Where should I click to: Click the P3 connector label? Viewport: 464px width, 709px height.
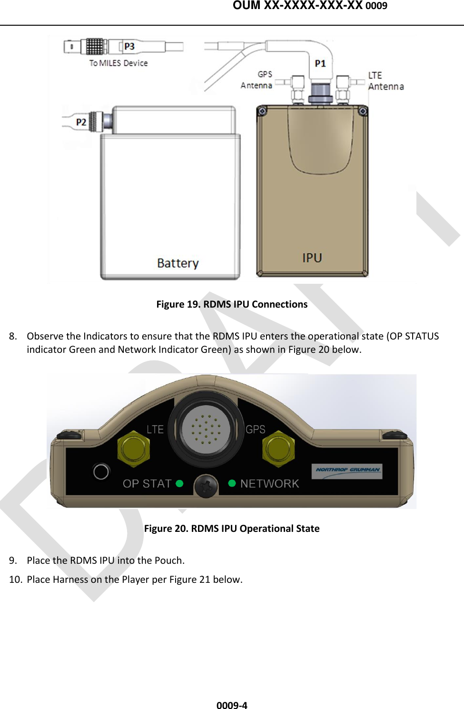coord(129,47)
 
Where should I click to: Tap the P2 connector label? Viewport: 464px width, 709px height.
coord(81,122)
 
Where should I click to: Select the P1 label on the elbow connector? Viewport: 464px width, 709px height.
coord(320,64)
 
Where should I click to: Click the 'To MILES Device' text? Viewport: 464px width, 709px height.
coord(118,63)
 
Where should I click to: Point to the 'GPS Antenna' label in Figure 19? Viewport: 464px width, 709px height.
coord(257,80)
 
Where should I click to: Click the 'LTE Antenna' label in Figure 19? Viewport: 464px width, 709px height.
coord(385,81)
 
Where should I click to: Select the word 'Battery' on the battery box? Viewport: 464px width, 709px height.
coord(178,263)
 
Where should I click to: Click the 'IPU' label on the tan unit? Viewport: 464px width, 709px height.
coord(312,258)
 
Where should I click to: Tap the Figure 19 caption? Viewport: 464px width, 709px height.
coord(232,304)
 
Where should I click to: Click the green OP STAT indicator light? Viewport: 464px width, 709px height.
coord(179,483)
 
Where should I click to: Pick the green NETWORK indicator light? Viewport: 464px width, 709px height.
coord(232,483)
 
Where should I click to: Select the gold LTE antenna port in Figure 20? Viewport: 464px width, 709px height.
coord(134,449)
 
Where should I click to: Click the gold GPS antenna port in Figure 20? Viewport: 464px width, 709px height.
coord(278,449)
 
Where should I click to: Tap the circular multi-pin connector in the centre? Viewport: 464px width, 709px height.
coord(206,429)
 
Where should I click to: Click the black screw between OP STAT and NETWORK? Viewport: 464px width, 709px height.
coord(206,486)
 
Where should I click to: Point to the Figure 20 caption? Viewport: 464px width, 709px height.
coord(232,529)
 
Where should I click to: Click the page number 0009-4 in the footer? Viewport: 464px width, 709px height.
coord(232,705)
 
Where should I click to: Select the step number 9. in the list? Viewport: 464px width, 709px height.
coord(13,560)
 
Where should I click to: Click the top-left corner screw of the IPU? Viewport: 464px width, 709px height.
coord(262,111)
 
